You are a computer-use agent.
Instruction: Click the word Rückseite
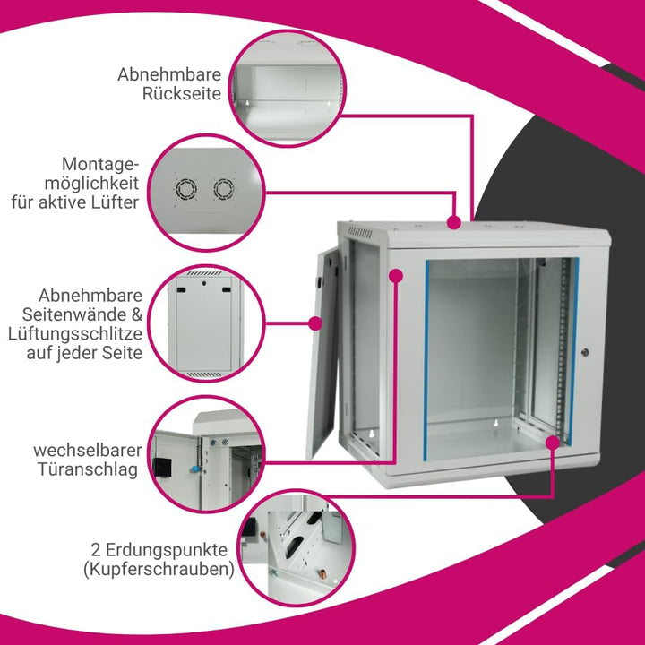pos(182,94)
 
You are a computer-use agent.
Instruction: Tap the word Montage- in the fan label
pos(100,165)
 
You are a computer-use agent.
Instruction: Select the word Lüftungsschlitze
pos(75,333)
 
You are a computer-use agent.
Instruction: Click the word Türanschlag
pos(88,469)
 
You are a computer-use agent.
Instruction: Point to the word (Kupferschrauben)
pos(159,570)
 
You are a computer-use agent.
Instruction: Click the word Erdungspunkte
pos(167,549)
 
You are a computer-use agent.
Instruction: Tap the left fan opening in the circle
pos(186,189)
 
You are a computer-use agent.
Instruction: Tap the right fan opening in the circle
pos(224,189)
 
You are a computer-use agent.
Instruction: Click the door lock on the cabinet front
pos(585,352)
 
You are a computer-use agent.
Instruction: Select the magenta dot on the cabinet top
pos(453,222)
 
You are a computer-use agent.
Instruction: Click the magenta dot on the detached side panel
pos(315,322)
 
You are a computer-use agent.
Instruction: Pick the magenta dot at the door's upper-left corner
pos(396,275)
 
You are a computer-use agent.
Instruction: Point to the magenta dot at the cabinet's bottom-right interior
pos(553,443)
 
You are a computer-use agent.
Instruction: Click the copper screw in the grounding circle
pos(322,573)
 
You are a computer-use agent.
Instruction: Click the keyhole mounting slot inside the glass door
pos(495,423)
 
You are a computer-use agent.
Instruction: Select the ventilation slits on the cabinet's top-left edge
pos(360,232)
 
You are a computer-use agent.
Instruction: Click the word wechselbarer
pos(88,450)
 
